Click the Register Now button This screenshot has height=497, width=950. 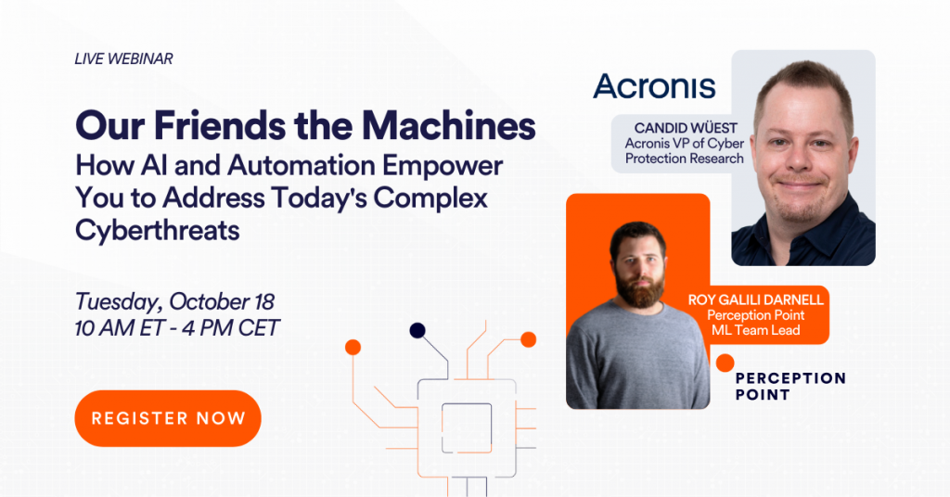168,418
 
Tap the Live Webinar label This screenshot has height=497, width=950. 123,58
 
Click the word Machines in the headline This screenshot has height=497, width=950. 449,125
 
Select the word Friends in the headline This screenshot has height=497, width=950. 220,125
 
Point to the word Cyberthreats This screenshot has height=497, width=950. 158,230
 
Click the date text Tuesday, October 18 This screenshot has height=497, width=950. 174,301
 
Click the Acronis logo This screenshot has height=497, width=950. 654,86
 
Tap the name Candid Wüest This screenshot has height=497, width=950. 686,128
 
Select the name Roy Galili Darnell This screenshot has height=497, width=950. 755,299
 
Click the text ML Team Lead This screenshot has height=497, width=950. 755,330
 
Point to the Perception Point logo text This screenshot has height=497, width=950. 790,387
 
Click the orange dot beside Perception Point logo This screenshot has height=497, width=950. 725,363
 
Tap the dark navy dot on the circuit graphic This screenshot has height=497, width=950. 417,330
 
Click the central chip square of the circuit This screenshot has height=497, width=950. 467,428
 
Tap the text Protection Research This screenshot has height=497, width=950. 685,159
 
